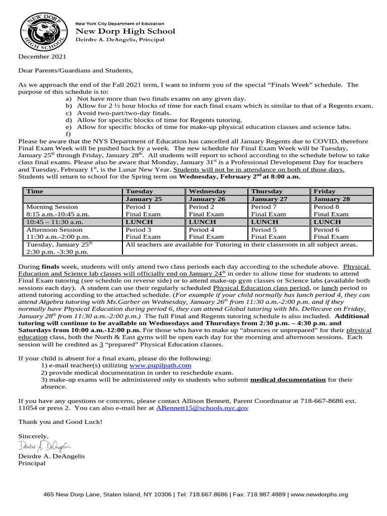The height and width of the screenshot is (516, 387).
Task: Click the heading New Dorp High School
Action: point(125,31)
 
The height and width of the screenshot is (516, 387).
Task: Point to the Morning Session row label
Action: point(52,207)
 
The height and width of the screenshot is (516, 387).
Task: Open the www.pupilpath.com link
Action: point(160,365)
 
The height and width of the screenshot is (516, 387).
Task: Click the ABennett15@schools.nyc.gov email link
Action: point(202,408)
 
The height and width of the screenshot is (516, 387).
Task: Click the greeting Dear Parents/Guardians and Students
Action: point(76,71)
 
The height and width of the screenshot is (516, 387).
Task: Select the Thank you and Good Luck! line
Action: point(60,421)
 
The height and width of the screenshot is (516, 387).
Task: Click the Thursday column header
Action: point(267,191)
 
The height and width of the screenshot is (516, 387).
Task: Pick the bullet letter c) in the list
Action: point(68,113)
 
